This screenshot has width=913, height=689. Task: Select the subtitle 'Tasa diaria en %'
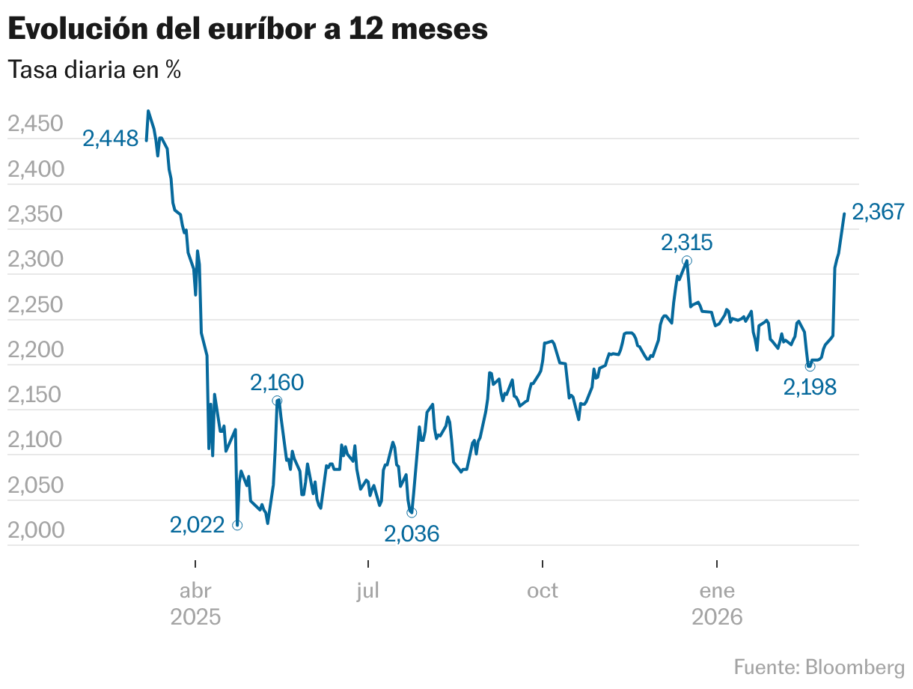tap(94, 70)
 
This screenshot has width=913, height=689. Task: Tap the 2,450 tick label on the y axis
tap(34, 124)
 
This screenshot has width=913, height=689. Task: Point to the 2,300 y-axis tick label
tap(34, 260)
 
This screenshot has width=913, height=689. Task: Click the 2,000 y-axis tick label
tap(34, 531)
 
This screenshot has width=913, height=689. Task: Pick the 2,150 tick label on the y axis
tap(34, 395)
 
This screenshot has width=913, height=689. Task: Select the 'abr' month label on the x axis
tap(195, 591)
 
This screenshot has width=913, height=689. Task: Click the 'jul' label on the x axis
tap(368, 591)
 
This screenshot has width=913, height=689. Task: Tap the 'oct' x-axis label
tap(542, 591)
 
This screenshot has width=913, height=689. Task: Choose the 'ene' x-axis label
tap(717, 591)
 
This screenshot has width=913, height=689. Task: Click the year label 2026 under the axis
tap(717, 618)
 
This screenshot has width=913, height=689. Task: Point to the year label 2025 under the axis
tap(195, 618)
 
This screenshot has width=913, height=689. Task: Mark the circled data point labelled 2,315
tap(687, 261)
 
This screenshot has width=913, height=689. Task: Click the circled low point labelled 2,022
tap(237, 525)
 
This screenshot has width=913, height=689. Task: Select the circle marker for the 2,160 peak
tap(278, 401)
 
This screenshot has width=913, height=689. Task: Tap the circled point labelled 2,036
tap(412, 512)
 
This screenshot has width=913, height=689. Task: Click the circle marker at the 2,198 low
tap(810, 366)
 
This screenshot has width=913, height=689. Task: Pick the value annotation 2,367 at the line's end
tap(879, 212)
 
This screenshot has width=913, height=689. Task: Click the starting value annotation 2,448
tap(111, 139)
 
